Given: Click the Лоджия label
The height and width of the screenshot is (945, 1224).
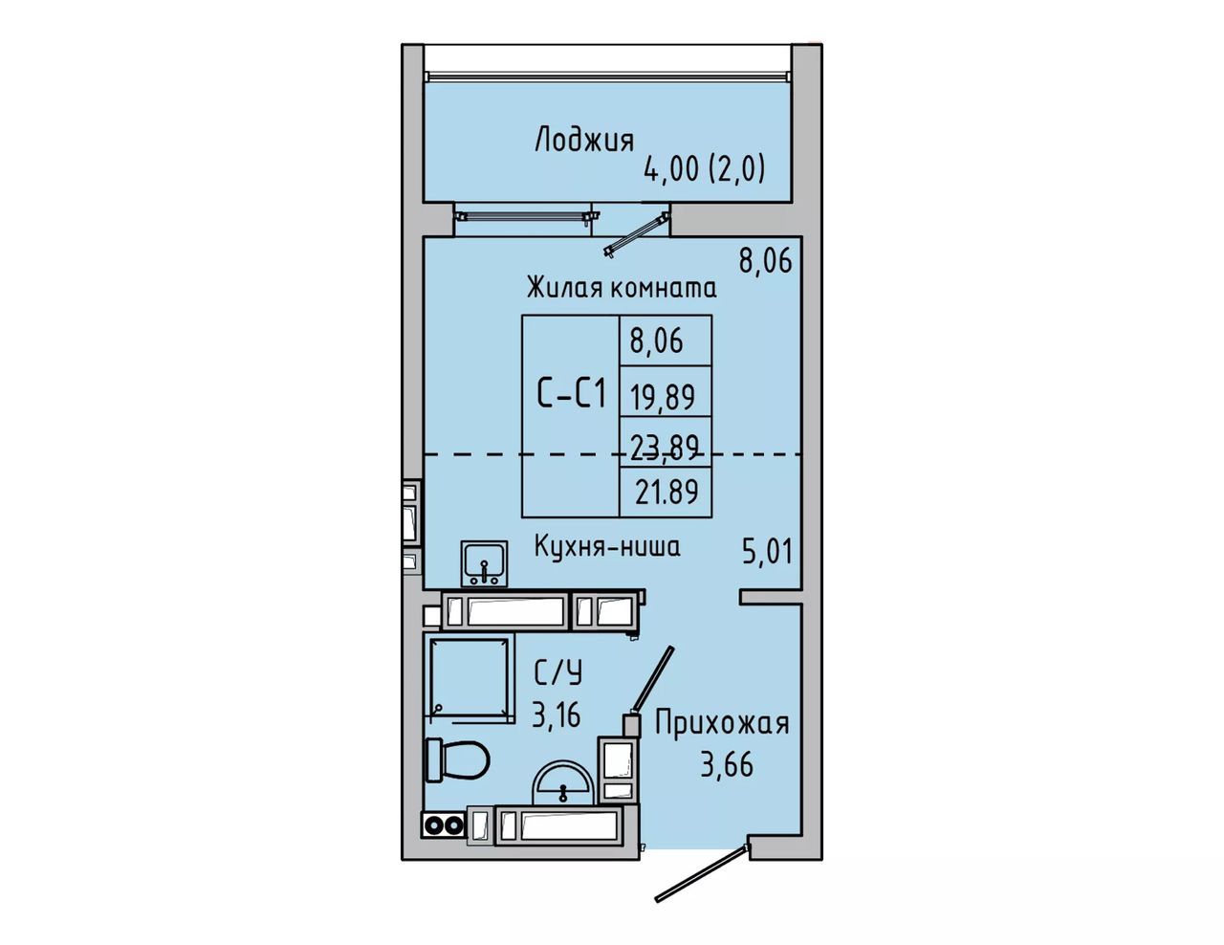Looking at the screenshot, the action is [x=584, y=141].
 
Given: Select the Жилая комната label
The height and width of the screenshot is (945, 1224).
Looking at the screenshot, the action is [x=622, y=287].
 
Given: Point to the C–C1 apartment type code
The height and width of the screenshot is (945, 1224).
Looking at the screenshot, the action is [x=571, y=393].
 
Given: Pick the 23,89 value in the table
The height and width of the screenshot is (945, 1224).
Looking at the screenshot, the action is [x=666, y=447].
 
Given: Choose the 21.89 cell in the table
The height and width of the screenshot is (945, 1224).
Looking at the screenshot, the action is [x=667, y=491].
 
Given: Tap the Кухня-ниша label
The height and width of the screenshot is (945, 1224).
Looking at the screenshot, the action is [x=606, y=546].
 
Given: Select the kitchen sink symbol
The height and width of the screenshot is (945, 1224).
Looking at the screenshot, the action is [x=484, y=563].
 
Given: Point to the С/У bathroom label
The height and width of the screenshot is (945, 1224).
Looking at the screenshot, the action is [x=557, y=673].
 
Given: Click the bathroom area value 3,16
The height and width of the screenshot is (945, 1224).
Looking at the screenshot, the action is [x=556, y=715].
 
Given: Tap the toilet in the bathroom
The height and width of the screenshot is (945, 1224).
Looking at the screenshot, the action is [x=456, y=759].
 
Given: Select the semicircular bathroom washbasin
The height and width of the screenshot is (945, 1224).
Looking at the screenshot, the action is [x=563, y=782].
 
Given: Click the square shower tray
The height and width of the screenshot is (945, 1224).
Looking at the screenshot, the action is [x=469, y=678].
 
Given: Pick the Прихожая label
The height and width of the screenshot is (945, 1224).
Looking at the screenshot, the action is [x=722, y=723].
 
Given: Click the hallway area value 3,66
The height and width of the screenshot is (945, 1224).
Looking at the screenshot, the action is [x=727, y=766].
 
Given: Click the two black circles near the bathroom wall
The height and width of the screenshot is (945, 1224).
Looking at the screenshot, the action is [x=444, y=825].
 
